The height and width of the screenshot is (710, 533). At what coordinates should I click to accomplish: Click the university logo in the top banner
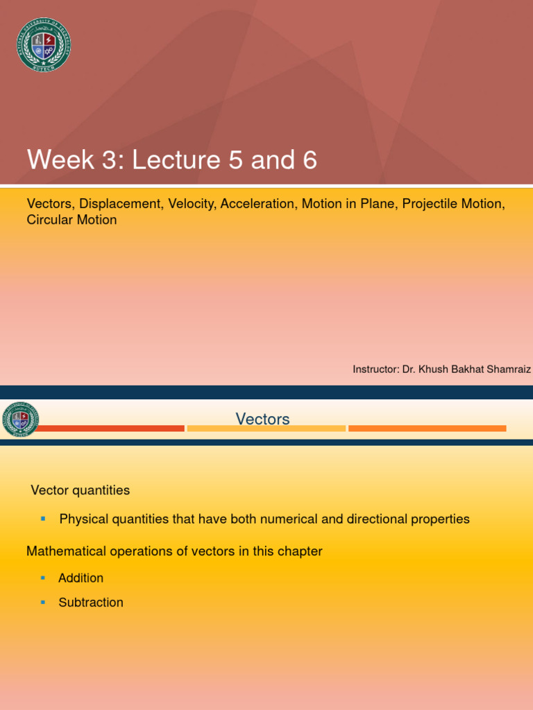[x=43, y=44]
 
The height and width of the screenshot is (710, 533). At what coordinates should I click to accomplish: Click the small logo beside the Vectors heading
[x=20, y=419]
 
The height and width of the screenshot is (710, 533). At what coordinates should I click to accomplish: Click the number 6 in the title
[x=310, y=160]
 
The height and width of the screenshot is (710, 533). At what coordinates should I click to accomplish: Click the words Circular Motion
[x=71, y=220]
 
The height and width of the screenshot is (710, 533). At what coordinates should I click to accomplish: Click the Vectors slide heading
[x=262, y=419]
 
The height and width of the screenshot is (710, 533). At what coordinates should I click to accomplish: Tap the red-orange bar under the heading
[x=111, y=428]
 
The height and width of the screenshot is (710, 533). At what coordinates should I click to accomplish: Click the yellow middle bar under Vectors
[x=266, y=428]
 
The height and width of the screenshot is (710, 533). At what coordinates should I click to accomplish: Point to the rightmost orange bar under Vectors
[x=427, y=428]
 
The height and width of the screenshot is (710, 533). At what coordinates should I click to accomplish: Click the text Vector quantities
[x=81, y=490]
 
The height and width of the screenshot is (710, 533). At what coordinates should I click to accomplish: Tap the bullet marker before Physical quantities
[x=43, y=518]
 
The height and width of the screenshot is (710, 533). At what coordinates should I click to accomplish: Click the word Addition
[x=81, y=578]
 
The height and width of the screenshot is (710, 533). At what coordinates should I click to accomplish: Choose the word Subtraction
[x=91, y=603]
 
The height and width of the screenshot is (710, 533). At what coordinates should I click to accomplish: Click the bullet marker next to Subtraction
[x=43, y=602]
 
